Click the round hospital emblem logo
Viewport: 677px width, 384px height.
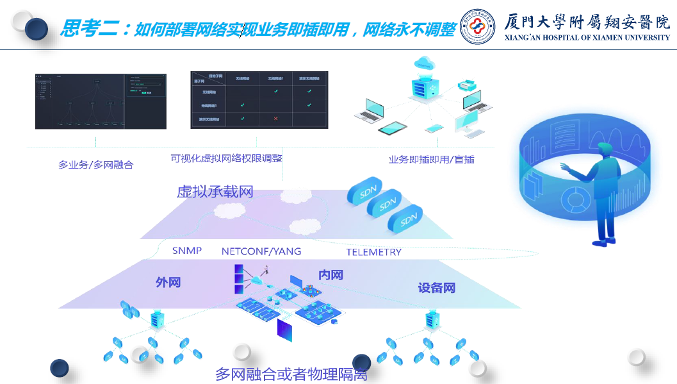coord(477,26)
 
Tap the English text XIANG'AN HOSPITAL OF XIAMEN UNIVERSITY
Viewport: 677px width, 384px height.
coord(587,38)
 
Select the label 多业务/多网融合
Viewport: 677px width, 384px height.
coord(95,165)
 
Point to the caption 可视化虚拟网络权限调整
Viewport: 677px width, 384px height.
coord(226,158)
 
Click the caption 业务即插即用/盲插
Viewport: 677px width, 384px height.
coord(431,160)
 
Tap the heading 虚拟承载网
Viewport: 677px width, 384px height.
coord(215,191)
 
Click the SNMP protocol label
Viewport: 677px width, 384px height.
coord(187,251)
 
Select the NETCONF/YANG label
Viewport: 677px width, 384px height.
coord(261,251)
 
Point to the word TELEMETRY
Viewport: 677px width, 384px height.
coord(373,252)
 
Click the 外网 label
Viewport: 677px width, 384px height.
coord(168,282)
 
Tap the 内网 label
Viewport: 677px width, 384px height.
coord(330,275)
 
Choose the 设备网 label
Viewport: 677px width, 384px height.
coord(436,288)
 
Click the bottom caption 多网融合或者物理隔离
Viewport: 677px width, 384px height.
coord(291,374)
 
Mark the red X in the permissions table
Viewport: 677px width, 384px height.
coord(275,119)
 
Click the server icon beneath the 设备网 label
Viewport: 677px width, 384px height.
coord(431,319)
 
